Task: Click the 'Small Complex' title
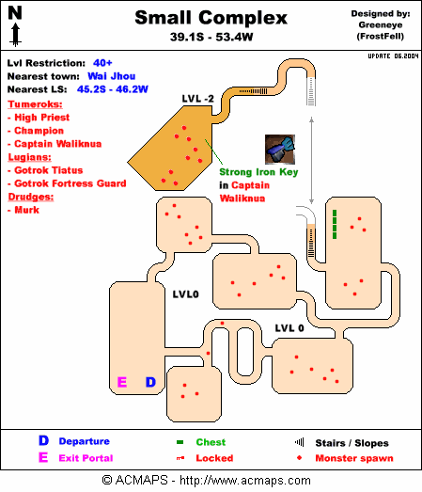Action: [211, 18]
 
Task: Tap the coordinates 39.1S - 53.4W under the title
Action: [211, 37]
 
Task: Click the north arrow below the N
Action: [15, 35]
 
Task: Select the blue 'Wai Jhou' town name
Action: [112, 76]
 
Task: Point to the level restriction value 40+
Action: [102, 63]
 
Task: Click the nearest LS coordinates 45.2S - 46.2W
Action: [113, 89]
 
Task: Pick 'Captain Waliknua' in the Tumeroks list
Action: [58, 144]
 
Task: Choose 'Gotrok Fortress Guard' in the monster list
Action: [70, 183]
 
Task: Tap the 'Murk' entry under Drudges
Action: [27, 210]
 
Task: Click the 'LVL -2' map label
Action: [197, 99]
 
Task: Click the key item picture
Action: [280, 150]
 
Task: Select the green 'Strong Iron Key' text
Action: [258, 172]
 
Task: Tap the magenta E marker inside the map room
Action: [122, 382]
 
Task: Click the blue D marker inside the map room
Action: [150, 382]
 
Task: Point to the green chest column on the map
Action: [335, 224]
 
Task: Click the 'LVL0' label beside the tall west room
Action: [185, 294]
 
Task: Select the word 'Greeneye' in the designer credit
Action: [381, 25]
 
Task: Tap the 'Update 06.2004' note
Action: [393, 56]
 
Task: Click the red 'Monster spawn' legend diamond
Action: [300, 458]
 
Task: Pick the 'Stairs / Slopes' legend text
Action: [352, 443]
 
